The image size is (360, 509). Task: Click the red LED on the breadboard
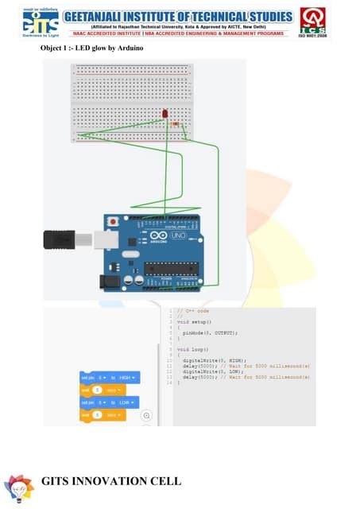click(x=165, y=115)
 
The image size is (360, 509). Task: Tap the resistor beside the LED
click(x=176, y=123)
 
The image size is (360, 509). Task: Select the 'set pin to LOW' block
click(x=109, y=402)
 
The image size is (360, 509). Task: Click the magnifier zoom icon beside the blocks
click(x=147, y=415)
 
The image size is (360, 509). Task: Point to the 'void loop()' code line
click(x=192, y=349)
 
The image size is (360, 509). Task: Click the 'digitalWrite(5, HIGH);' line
click(x=212, y=360)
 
